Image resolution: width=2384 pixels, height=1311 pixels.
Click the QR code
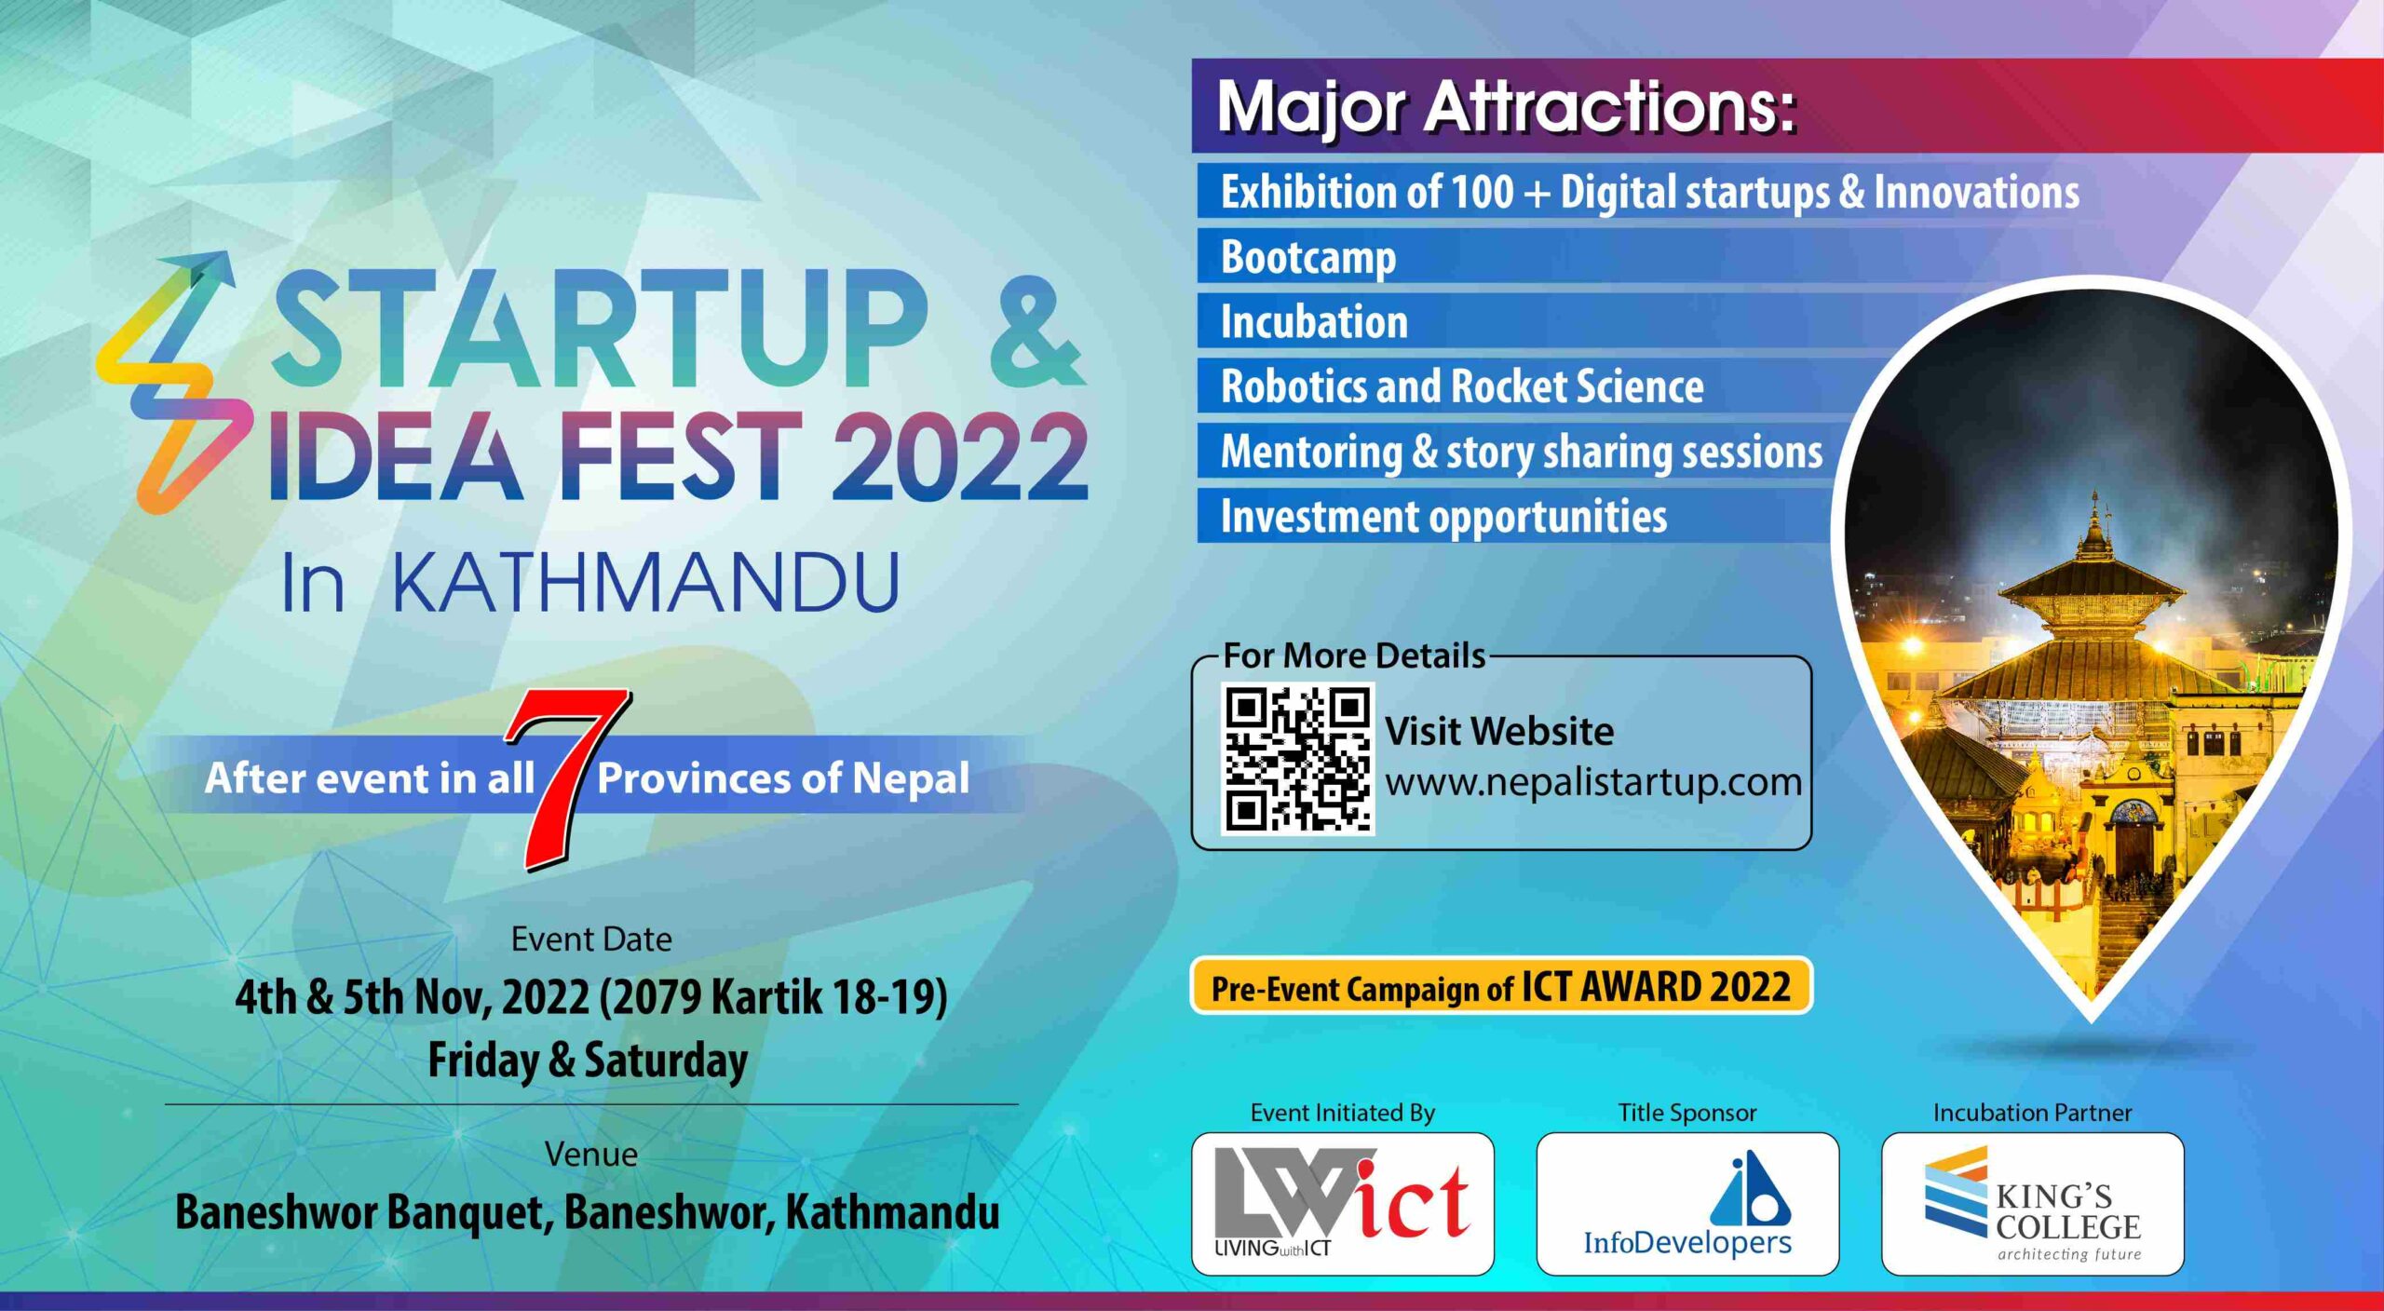tap(1297, 758)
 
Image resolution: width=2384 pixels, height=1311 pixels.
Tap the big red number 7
tap(566, 778)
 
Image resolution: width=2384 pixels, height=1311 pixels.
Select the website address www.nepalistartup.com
tap(1593, 782)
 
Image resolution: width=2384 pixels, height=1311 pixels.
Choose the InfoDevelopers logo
tap(1687, 1204)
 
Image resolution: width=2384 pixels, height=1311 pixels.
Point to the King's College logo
tap(2033, 1204)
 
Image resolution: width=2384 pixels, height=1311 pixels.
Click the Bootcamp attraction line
tap(1308, 258)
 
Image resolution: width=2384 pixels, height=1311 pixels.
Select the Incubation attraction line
tap(1314, 322)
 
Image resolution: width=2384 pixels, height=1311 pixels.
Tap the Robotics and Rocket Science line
tap(1462, 386)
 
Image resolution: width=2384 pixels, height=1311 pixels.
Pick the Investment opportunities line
tap(1443, 518)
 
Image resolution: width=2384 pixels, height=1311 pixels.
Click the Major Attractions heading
tap(1506, 107)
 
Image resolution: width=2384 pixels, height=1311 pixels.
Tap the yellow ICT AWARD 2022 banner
tap(1501, 986)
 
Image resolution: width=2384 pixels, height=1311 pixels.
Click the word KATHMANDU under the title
tap(646, 583)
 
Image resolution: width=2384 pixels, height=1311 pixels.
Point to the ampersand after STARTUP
tap(1037, 332)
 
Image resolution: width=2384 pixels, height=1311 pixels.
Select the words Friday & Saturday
tap(588, 1061)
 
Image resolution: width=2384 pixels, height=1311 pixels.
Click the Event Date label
tap(591, 939)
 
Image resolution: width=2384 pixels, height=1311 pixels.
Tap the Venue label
tap(591, 1155)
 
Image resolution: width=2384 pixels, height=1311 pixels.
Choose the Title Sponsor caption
tap(1687, 1113)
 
